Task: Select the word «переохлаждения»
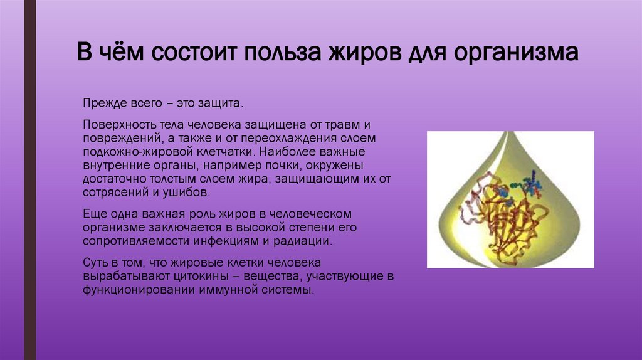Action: pyautogui.click(x=283, y=139)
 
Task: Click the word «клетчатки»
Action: pyautogui.click(x=224, y=152)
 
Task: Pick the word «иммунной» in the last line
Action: pyautogui.click(x=227, y=290)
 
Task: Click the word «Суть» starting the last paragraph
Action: pyautogui.click(x=95, y=262)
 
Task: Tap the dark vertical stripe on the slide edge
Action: pyautogui.click(x=30, y=180)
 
